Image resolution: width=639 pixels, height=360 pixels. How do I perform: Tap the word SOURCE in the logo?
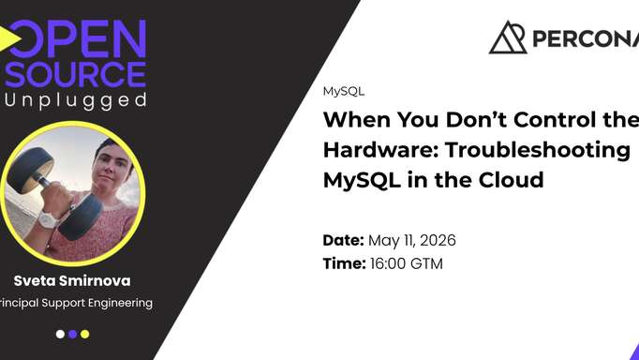tap(75, 74)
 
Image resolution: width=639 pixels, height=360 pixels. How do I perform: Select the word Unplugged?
tap(75, 99)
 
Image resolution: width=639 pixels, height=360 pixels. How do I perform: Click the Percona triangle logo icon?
tap(508, 37)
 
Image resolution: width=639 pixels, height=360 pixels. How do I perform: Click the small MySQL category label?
tap(343, 92)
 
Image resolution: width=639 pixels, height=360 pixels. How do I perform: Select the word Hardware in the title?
tap(379, 150)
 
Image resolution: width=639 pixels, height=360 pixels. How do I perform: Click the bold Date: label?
tap(343, 240)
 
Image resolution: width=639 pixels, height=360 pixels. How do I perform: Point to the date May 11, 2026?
tap(412, 240)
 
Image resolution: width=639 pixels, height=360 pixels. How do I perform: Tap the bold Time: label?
tap(344, 263)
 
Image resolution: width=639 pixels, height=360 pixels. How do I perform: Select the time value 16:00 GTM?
tap(407, 263)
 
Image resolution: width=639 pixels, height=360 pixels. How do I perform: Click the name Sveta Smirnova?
tap(72, 279)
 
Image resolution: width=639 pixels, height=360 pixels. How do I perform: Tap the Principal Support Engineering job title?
tap(75, 302)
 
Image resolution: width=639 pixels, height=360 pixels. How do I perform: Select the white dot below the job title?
tap(60, 333)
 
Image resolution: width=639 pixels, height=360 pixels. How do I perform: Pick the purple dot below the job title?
tap(72, 333)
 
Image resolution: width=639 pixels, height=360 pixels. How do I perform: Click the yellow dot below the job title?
tap(84, 333)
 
